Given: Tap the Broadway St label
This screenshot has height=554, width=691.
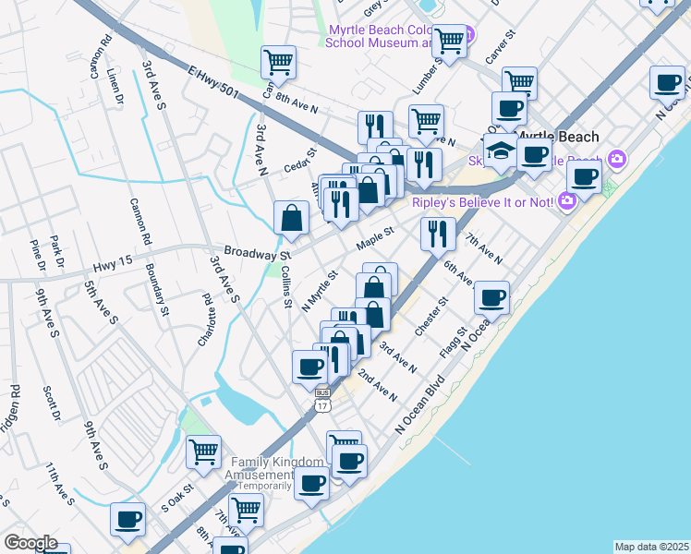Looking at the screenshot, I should point(257,252).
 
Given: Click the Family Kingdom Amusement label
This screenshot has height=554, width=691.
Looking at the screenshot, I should point(278,467).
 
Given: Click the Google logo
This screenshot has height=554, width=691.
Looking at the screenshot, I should point(30,542).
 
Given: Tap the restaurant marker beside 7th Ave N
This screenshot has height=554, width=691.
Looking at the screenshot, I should point(438,233).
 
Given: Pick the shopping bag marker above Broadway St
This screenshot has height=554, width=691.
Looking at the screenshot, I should point(291,219).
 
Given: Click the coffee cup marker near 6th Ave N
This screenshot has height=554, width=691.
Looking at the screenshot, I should point(491,297).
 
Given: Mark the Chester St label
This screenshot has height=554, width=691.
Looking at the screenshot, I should point(431,316).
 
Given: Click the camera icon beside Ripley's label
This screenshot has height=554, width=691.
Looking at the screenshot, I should point(566,199).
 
